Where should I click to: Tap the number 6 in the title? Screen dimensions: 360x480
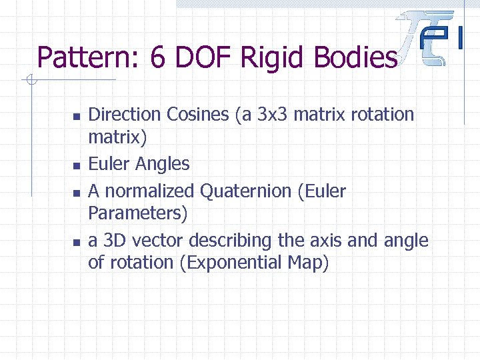point(158,58)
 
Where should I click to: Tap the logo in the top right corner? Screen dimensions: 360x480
point(431,39)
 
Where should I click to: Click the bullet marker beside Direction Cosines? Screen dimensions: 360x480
point(77,116)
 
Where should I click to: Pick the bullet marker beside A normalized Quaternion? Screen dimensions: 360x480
point(77,193)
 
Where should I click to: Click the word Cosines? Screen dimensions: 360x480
point(198,115)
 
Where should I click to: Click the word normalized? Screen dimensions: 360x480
point(150,191)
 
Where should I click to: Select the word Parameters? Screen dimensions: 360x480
point(137,213)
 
